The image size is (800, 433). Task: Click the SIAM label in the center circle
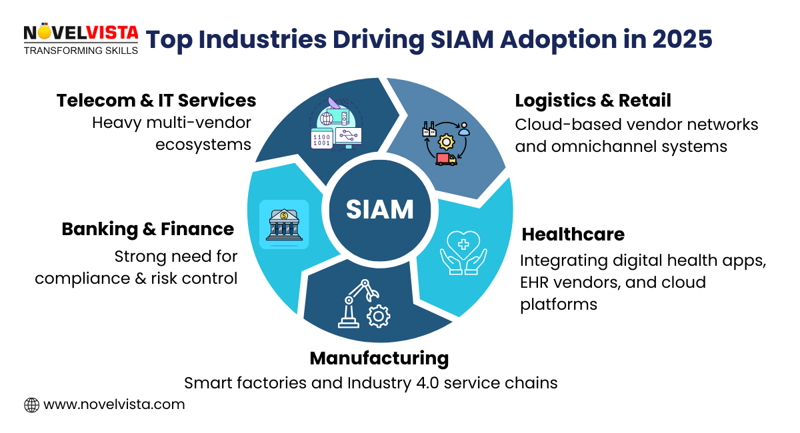point(380,209)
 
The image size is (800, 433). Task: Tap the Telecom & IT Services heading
point(156,101)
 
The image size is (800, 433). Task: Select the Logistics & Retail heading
point(593,101)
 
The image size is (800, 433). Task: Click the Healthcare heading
point(573,234)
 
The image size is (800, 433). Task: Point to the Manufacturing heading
point(379,358)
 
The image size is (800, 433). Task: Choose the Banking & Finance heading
point(147,229)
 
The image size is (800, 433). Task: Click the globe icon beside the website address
point(31,404)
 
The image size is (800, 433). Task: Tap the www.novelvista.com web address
point(114,404)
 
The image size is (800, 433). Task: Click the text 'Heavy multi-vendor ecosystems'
point(171,133)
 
